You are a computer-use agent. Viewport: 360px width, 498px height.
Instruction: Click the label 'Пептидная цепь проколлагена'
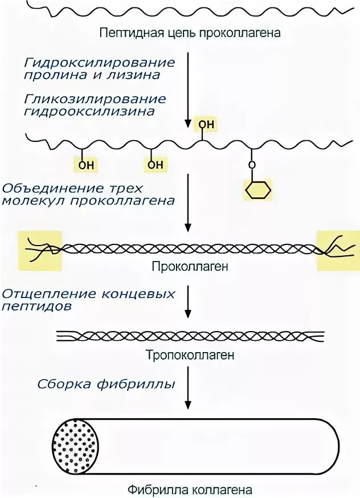(190, 33)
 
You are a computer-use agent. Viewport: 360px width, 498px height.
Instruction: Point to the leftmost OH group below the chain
(86, 165)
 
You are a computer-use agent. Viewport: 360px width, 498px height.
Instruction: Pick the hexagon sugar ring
(258, 189)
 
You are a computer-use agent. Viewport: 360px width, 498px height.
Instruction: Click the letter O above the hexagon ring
(253, 165)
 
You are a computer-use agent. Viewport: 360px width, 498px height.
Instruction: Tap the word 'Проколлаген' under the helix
(190, 266)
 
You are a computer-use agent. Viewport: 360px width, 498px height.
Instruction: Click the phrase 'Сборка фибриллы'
(106, 383)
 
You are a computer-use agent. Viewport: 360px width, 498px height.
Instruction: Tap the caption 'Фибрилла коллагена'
(190, 489)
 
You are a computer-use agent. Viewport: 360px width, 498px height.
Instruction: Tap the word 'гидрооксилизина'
(89, 111)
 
